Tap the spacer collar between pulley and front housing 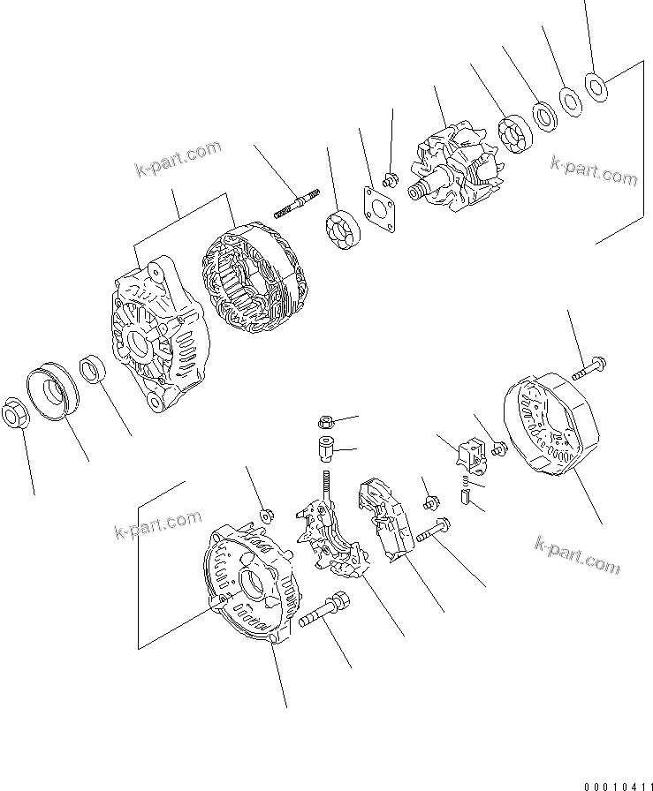(94, 367)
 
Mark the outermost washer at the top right (596, 85)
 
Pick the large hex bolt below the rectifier (327, 614)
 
